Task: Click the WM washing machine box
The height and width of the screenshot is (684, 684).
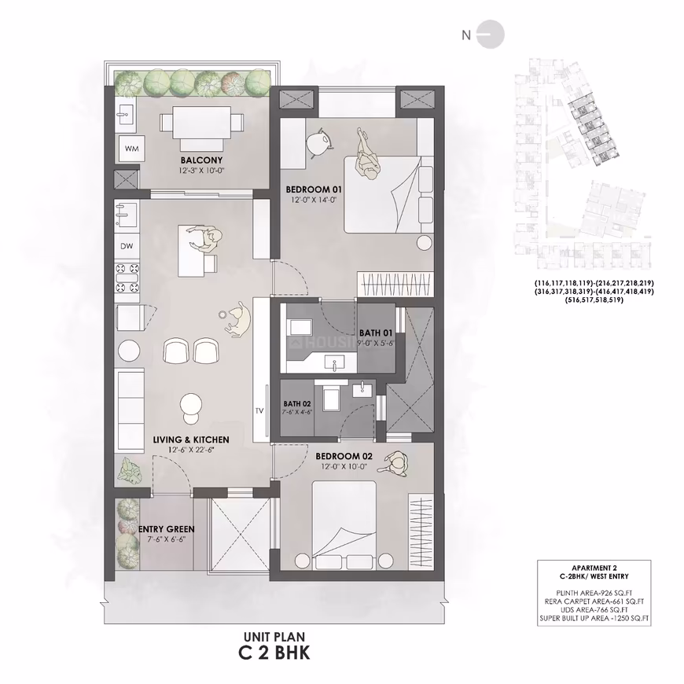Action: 132,148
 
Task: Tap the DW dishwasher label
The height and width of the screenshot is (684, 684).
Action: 127,246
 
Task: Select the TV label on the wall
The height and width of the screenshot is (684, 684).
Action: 260,410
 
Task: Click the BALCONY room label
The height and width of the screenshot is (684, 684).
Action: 201,160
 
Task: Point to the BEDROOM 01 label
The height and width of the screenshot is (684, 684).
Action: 314,189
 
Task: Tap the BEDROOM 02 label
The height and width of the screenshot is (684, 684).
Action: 344,456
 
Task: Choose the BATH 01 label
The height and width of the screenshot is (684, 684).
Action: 376,333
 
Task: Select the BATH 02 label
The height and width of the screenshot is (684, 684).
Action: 297,404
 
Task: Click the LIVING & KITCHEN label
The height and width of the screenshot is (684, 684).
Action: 191,439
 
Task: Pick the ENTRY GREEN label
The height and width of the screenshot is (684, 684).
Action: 166,529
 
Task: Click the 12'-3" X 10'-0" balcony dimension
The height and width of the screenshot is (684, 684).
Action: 201,171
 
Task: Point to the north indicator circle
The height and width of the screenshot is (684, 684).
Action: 491,34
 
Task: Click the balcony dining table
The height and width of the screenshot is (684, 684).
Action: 201,123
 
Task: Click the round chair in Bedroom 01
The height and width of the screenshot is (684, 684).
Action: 319,142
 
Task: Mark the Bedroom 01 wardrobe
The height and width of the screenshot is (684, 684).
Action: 395,284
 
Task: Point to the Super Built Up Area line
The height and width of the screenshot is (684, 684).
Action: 594,618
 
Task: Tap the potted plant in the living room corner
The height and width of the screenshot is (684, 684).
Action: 129,470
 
